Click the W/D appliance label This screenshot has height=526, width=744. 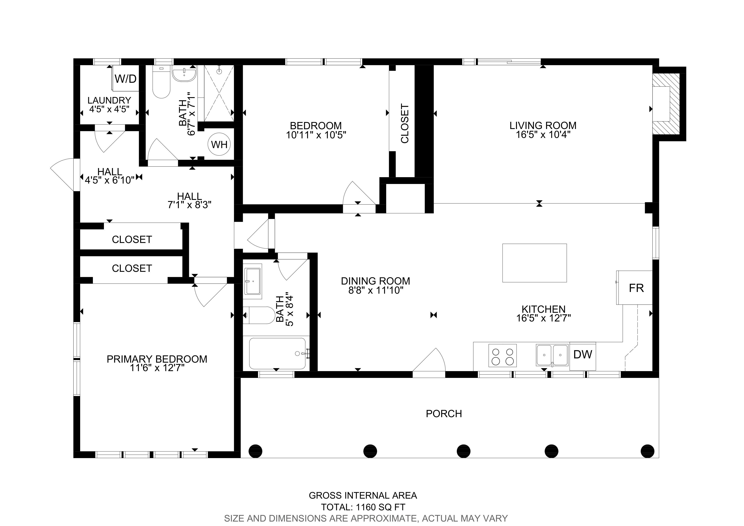(x=126, y=79)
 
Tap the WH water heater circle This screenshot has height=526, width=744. (x=219, y=144)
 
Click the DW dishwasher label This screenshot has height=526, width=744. (x=583, y=355)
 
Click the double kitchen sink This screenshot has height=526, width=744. (x=552, y=355)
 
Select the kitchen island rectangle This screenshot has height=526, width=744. (x=535, y=263)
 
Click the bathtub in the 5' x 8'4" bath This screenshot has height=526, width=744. (x=277, y=353)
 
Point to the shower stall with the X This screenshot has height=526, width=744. (x=219, y=93)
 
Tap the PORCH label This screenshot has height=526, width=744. (x=444, y=414)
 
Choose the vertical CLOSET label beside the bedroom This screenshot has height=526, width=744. (x=405, y=123)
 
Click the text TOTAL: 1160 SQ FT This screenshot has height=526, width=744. (x=363, y=507)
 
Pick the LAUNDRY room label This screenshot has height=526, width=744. (x=109, y=100)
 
